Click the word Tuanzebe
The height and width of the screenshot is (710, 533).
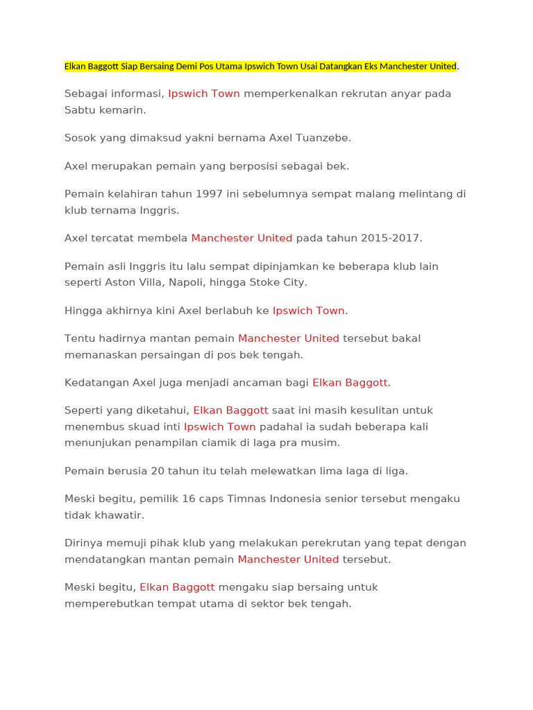324,138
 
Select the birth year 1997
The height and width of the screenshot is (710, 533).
209,193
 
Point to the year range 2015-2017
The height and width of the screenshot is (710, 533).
390,238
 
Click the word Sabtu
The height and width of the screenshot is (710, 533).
80,110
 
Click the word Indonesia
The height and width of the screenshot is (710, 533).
304,499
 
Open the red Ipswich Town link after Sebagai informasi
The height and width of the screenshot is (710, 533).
204,94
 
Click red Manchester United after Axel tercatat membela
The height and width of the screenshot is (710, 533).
242,238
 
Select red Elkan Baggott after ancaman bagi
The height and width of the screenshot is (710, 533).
350,382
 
